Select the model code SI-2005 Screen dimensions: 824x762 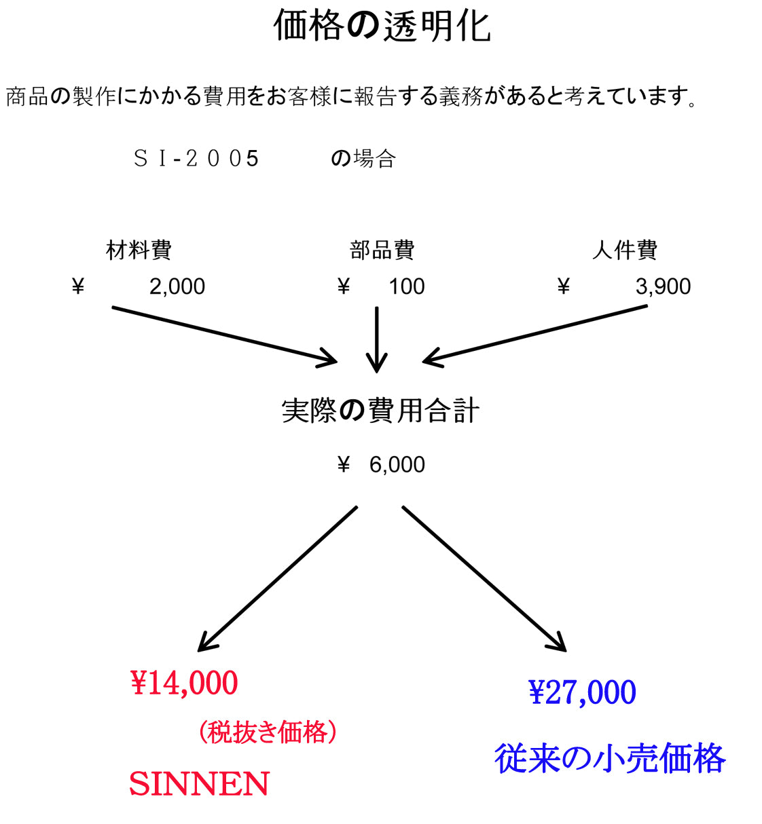[x=196, y=159]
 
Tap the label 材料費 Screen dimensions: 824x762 [x=139, y=250]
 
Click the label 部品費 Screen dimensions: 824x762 [x=382, y=250]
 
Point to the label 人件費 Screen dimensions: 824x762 [x=624, y=250]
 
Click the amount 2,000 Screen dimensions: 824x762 [x=177, y=287]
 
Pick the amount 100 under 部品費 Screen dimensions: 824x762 [x=406, y=287]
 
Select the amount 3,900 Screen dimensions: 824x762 [x=663, y=287]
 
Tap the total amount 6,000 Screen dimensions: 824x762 [x=397, y=465]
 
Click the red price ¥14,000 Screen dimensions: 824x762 [x=184, y=683]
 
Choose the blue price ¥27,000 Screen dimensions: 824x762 [x=582, y=692]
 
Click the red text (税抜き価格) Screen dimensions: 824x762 [x=268, y=732]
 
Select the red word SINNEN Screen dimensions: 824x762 [x=199, y=784]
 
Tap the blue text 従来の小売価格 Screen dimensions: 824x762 [x=610, y=759]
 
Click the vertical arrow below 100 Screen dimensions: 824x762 [x=376, y=339]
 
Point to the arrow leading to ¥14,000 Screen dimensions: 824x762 [x=277, y=579]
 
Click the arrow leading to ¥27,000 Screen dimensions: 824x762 [x=484, y=579]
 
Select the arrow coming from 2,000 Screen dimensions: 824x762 [x=224, y=336]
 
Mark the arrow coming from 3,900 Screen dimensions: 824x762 [x=535, y=334]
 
